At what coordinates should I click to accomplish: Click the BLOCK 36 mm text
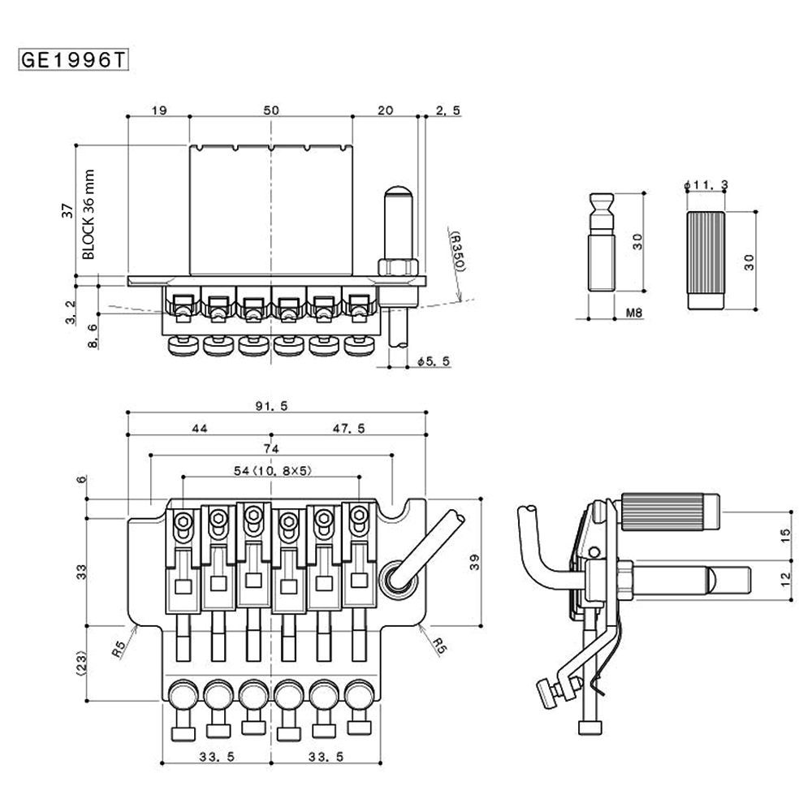coord(89,214)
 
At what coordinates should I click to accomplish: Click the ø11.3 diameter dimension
coord(706,186)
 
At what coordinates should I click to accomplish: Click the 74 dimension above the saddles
coord(272,448)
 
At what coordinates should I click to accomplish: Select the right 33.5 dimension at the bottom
coord(326,756)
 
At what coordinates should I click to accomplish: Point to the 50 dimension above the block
coord(270,111)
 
